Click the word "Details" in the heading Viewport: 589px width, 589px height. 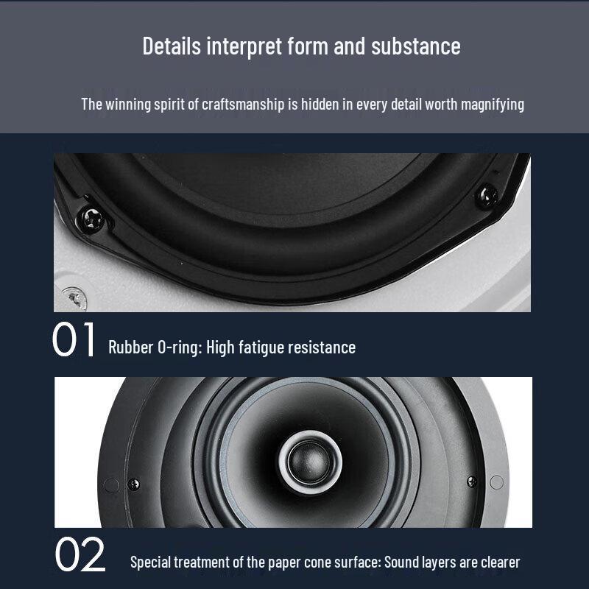[x=171, y=46]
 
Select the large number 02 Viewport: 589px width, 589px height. [x=80, y=557]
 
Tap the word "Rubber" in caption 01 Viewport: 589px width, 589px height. [x=129, y=347]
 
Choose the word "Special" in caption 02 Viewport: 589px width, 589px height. [x=151, y=562]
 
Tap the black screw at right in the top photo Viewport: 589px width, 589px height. [x=487, y=194]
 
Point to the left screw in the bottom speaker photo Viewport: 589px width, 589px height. [x=133, y=484]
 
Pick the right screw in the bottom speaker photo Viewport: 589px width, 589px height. [x=471, y=482]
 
